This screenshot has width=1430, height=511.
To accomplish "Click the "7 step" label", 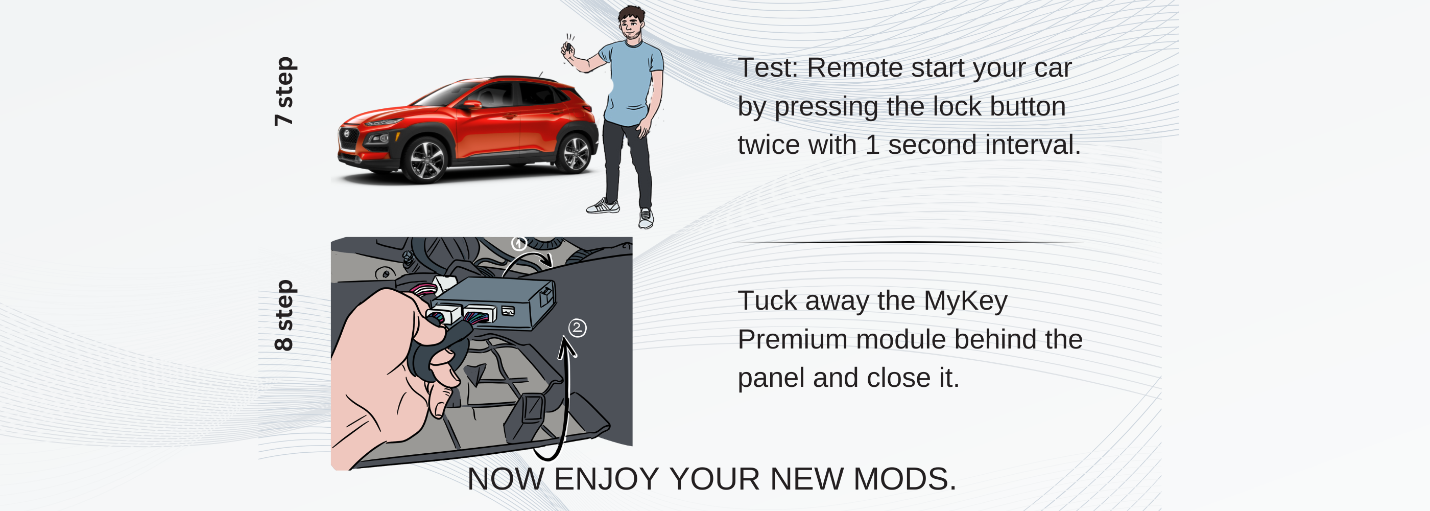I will (284, 91).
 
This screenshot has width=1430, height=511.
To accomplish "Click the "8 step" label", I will (284, 315).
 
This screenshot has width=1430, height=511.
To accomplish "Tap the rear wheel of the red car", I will (576, 153).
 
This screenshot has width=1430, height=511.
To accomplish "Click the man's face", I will (631, 25).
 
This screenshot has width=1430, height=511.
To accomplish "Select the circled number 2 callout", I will (577, 328).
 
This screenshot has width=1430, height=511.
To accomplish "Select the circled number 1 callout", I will (519, 243).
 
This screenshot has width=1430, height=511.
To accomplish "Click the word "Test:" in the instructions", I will (768, 68).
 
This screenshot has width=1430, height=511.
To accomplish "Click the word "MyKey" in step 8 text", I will (965, 301).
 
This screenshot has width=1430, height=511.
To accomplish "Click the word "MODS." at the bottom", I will (904, 479).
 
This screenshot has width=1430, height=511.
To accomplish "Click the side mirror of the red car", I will (472, 104).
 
